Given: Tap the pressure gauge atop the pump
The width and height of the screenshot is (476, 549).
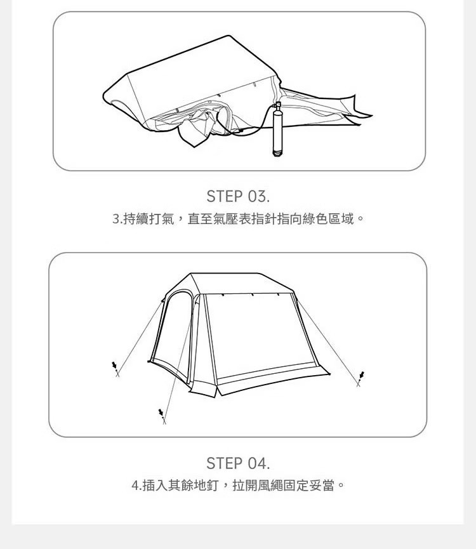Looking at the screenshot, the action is [278, 105].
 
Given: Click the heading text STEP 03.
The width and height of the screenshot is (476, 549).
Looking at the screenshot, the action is [238, 196].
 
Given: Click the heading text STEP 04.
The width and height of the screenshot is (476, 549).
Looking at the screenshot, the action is [238, 463].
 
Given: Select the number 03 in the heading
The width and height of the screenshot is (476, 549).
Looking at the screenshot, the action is [257, 196].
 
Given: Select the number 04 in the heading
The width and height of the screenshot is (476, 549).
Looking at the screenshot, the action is [258, 463].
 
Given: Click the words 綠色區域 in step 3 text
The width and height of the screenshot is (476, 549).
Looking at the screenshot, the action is [328, 219].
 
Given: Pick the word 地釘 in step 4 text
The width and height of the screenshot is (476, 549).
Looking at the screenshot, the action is [206, 486].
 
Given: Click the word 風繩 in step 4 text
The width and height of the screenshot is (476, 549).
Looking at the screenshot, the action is [270, 486].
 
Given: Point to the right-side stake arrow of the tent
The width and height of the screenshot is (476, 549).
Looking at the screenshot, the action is [362, 374].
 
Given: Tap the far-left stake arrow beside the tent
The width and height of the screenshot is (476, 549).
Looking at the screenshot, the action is [114, 365].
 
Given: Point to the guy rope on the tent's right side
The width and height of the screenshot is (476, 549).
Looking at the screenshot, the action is [328, 341].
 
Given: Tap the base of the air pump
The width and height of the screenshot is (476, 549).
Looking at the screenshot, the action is [277, 153].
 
